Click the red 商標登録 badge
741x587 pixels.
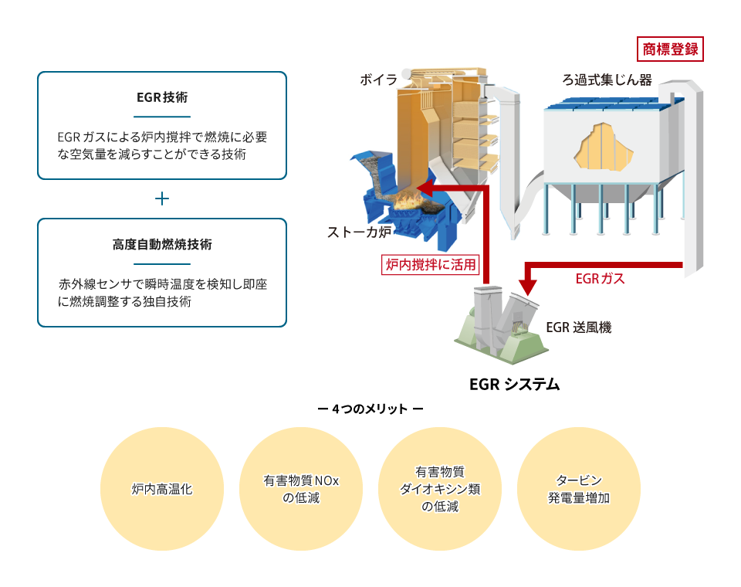point(670,49)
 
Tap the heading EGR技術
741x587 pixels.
point(162,97)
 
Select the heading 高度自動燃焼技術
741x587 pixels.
point(162,245)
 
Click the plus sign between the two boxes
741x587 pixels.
point(162,198)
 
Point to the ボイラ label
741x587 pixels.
point(378,80)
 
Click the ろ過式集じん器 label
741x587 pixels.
point(607,80)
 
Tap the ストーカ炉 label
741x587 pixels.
point(359,232)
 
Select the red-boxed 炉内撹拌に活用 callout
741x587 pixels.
point(431,264)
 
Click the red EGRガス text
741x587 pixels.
point(601,279)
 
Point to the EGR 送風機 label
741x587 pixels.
point(579,327)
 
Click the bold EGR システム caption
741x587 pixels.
point(515,384)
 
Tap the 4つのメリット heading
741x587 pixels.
point(370,409)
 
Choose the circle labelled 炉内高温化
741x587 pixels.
point(162,489)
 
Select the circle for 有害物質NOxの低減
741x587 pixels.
point(301,489)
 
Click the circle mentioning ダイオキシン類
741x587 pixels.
point(440,489)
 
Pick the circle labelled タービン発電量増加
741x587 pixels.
point(579,489)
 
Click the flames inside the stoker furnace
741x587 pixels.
point(408,201)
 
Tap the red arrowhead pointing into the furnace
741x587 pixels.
point(425,188)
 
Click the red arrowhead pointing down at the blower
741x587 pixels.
point(528,287)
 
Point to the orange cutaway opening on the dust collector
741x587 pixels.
point(604,148)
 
